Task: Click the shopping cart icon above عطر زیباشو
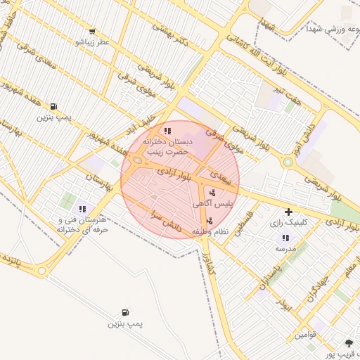pos(92,32)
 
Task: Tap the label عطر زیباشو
pos(93,41)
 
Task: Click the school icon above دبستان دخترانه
pos(167,131)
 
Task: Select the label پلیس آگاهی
pos(209,203)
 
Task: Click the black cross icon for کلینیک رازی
pos(288,212)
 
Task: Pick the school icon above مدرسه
pos(285,238)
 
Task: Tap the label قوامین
pos(306,335)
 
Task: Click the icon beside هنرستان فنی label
pos(82,209)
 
